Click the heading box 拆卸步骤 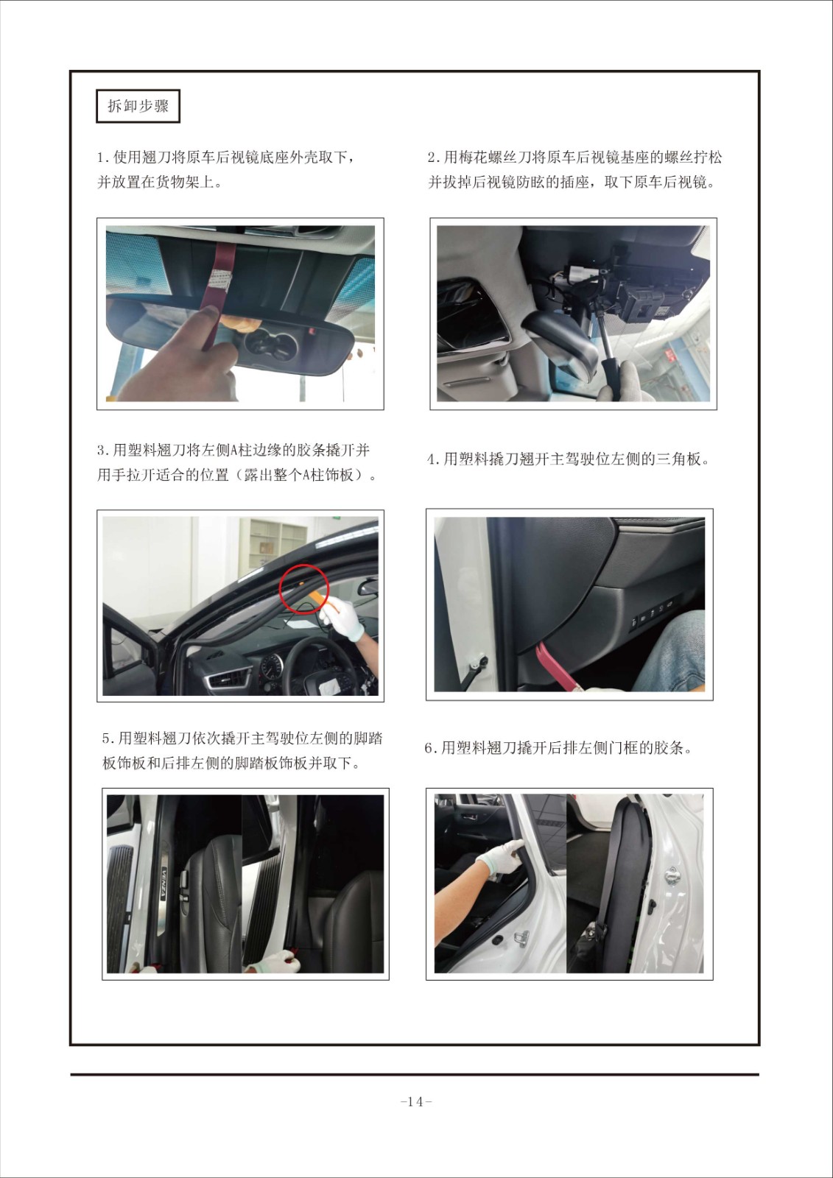click(138, 106)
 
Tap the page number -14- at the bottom click(416, 1101)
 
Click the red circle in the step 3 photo click(303, 588)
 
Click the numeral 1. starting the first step click(103, 158)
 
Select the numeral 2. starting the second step click(434, 158)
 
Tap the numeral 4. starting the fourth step click(434, 459)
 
